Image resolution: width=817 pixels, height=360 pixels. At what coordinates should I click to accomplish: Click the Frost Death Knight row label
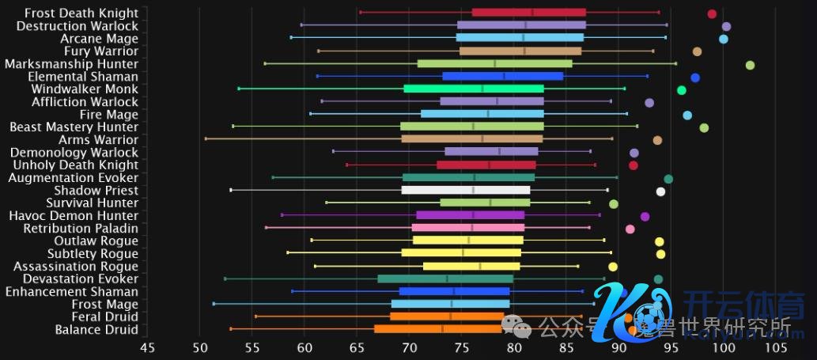click(x=81, y=13)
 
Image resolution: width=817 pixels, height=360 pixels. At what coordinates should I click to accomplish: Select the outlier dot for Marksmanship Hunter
click(x=750, y=66)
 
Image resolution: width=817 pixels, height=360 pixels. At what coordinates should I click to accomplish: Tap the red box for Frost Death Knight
click(x=528, y=13)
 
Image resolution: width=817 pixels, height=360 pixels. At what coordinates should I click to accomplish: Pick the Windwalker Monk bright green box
click(x=473, y=89)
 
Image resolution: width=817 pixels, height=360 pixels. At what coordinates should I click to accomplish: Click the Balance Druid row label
click(x=96, y=330)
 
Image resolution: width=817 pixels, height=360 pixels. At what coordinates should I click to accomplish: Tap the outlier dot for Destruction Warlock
click(x=726, y=27)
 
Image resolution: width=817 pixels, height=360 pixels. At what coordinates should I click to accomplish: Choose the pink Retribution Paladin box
click(x=467, y=228)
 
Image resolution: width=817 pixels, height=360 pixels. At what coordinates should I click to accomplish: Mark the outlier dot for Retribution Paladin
click(x=630, y=229)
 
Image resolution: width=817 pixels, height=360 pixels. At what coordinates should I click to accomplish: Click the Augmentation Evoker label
click(x=73, y=178)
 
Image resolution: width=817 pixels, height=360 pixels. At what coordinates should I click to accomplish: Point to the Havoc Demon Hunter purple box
click(x=470, y=215)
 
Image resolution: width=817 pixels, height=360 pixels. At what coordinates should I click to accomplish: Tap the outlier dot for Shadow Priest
click(x=660, y=191)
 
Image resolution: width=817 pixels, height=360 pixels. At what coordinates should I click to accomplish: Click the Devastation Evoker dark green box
click(x=445, y=279)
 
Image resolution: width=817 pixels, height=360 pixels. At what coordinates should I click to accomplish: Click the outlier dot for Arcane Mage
click(x=723, y=39)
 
